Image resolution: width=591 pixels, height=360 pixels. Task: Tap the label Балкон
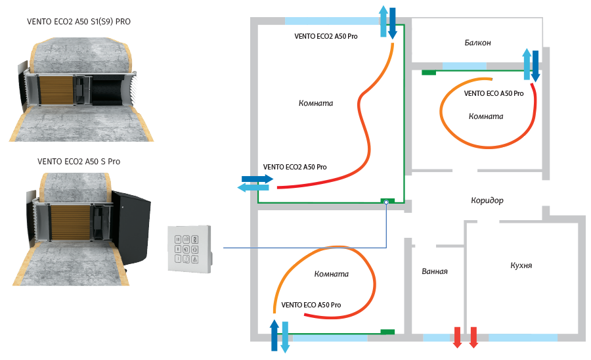point(477,43)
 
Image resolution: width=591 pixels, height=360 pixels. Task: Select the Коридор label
point(487,200)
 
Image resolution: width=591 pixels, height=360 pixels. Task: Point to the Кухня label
point(521,266)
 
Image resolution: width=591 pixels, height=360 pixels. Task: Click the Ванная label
point(435,271)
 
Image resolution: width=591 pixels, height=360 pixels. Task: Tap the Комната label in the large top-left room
point(316,103)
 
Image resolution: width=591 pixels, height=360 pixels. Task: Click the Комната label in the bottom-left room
point(331,274)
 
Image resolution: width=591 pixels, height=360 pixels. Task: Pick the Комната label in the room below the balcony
point(486,116)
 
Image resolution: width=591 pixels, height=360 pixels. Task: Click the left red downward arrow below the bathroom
point(458,337)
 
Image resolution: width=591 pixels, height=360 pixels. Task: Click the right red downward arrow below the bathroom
point(473,337)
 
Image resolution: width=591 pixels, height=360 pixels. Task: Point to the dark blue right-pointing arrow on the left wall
point(257,178)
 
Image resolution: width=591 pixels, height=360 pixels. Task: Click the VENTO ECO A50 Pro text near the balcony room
point(493,93)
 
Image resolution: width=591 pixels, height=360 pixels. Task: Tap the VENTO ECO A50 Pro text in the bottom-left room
point(311,305)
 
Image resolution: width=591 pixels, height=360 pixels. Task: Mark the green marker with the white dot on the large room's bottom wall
point(387,202)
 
